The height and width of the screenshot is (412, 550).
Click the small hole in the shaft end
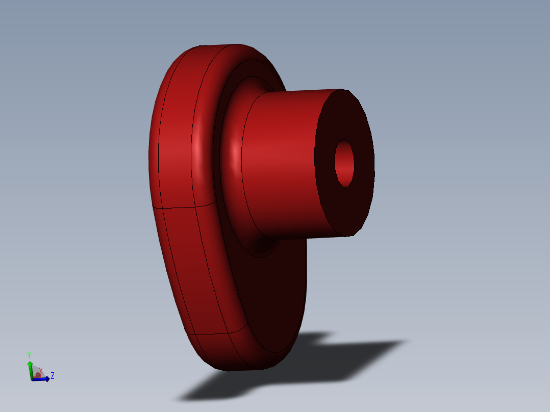(x=344, y=163)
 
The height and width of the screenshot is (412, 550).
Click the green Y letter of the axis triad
(x=29, y=355)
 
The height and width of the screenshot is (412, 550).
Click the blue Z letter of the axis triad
(x=53, y=376)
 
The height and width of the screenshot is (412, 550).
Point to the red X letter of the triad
(x=41, y=370)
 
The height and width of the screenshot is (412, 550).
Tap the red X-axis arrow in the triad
(x=37, y=375)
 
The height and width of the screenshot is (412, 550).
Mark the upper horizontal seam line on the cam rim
(x=173, y=208)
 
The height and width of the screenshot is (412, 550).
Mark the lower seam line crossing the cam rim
(x=209, y=334)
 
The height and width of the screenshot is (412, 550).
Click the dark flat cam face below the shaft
(x=276, y=296)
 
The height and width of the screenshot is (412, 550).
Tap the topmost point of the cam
(x=214, y=45)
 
